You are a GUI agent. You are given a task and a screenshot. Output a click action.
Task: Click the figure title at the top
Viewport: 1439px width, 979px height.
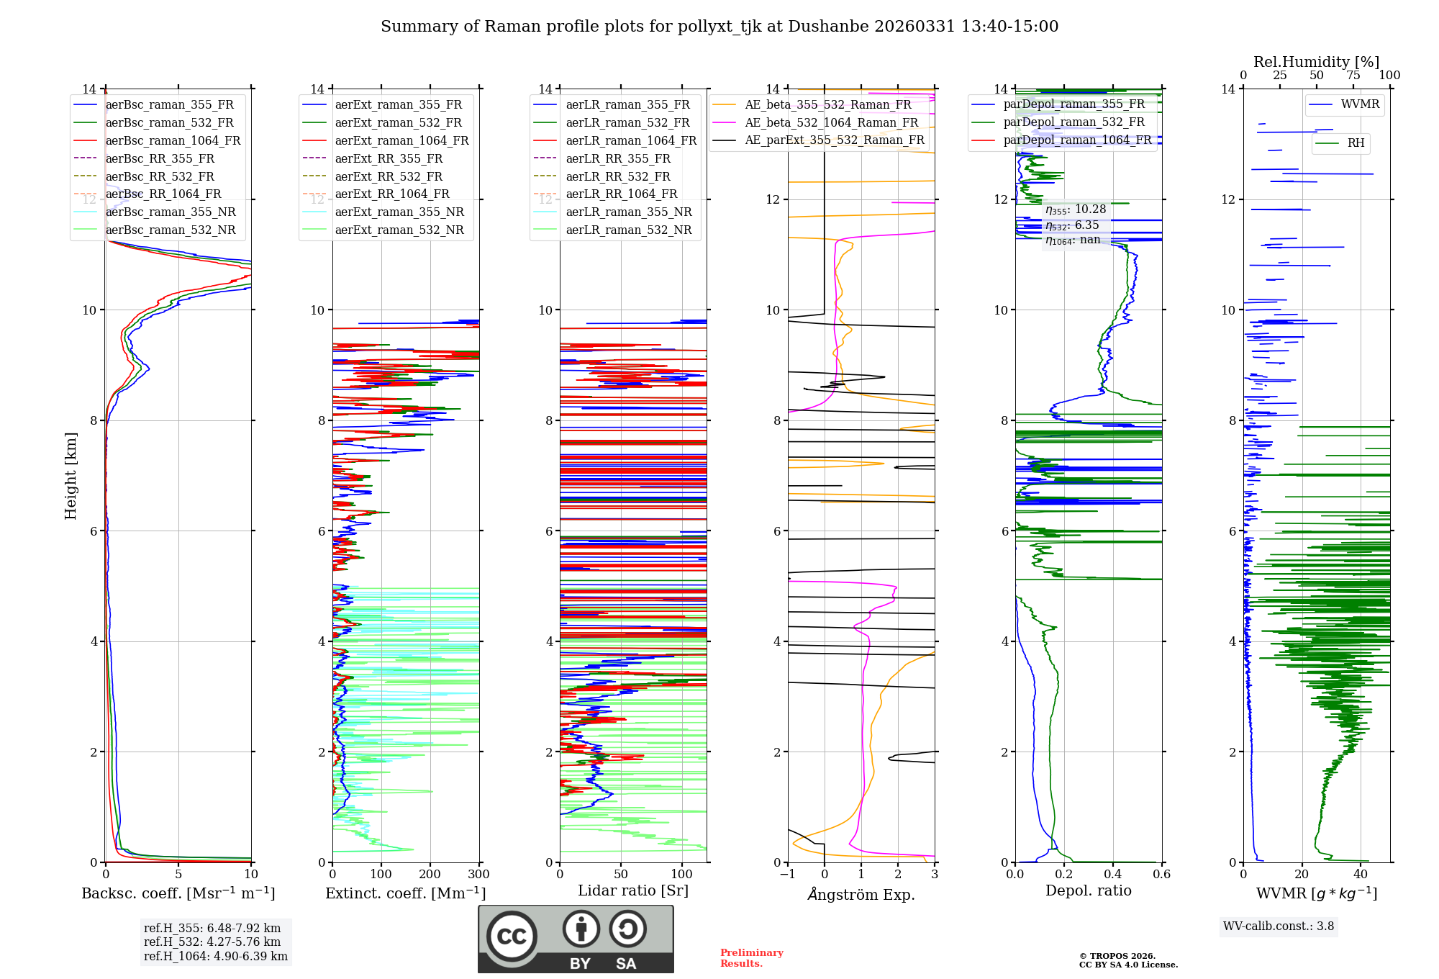(719, 27)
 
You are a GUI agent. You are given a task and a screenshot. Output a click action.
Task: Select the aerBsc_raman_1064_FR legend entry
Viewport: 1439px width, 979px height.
(173, 141)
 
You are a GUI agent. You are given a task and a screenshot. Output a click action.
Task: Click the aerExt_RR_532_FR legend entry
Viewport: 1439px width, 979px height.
(389, 176)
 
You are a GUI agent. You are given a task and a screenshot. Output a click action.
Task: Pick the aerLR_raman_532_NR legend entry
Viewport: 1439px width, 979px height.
(628, 230)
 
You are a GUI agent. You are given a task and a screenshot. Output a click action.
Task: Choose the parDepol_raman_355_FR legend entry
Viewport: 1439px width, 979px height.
(1073, 104)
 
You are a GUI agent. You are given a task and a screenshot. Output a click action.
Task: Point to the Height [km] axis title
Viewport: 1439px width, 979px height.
(71, 476)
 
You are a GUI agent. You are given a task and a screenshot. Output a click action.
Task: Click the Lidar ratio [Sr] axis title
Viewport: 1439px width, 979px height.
(633, 890)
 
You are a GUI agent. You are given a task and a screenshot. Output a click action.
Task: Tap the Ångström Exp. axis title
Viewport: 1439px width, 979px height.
(861, 895)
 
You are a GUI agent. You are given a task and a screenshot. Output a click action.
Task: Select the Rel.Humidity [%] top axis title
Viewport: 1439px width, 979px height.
(1316, 62)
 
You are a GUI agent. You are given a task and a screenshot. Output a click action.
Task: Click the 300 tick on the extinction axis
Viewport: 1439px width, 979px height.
(478, 875)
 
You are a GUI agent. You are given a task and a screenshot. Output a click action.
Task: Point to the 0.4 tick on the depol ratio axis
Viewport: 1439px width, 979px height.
(1112, 875)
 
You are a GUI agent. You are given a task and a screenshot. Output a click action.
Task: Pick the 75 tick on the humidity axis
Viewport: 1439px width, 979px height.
(1353, 76)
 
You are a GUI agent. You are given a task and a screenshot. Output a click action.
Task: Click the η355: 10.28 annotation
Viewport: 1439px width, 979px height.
(1076, 209)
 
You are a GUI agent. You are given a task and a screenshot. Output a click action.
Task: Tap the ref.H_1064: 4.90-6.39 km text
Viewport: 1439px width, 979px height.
(215, 957)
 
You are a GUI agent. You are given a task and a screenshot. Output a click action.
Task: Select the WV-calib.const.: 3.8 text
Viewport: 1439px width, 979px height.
(1279, 926)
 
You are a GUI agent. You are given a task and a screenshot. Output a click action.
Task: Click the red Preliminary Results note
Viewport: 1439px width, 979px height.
(751, 958)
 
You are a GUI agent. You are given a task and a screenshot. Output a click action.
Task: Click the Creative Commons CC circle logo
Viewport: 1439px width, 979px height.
(512, 937)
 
